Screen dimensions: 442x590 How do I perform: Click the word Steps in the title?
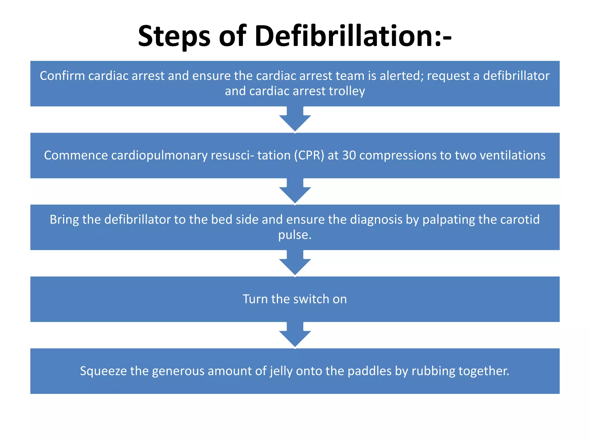click(174, 36)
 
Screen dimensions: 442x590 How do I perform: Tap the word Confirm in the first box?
click(62, 76)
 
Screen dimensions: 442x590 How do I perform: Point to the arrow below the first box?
click(295, 119)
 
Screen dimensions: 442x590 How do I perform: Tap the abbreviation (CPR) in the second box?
click(309, 155)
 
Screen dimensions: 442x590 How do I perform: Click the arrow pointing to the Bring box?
click(295, 191)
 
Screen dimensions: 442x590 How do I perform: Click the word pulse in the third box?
click(293, 235)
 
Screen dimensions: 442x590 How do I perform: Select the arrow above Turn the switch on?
click(295, 263)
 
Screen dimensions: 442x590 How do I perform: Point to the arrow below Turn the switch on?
click(295, 335)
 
